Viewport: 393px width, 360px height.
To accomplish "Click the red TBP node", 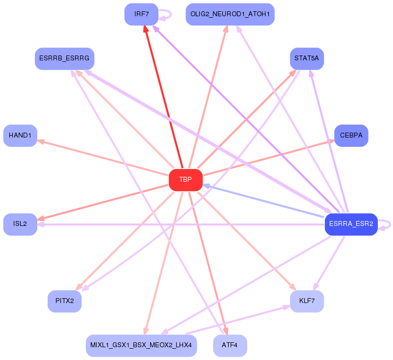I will [185, 180].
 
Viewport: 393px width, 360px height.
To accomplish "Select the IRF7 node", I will [141, 14].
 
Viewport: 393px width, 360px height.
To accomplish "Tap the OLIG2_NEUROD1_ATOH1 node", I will [230, 14].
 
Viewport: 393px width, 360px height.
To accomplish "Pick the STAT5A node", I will [307, 58].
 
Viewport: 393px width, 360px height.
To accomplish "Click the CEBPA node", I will [351, 135].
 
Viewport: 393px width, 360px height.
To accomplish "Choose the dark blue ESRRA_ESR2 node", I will [351, 224].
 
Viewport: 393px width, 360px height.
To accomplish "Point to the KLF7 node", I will [307, 301].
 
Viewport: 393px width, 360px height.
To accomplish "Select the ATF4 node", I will [230, 345].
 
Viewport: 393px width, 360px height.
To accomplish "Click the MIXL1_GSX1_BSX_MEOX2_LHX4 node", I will [141, 345].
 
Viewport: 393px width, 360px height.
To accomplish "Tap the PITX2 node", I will [64, 301].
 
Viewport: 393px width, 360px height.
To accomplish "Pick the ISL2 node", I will [20, 224].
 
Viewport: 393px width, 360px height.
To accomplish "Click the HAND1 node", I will [20, 135].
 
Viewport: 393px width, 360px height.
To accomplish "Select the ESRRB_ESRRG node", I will [64, 58].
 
